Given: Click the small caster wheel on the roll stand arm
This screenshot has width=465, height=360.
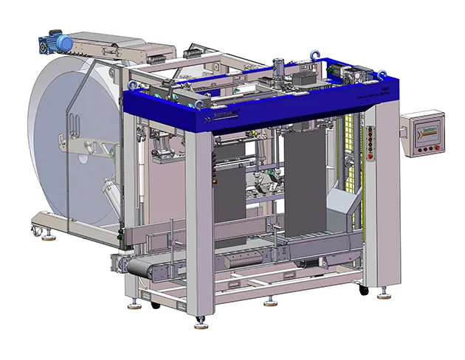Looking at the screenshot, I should click(35, 231).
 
